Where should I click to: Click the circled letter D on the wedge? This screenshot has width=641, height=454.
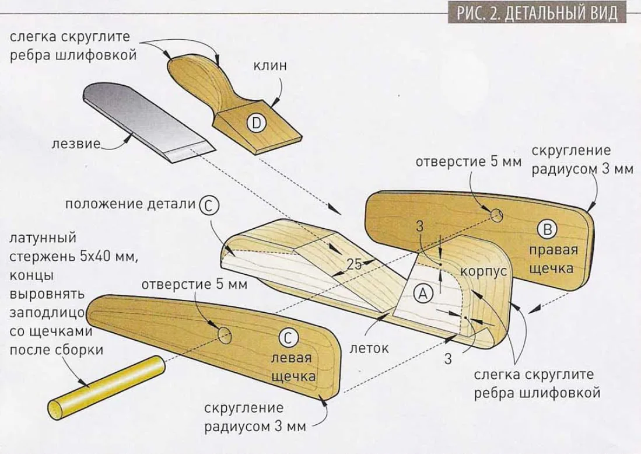[256, 123]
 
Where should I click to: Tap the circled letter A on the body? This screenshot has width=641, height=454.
[423, 293]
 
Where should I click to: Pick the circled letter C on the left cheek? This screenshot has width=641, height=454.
[288, 337]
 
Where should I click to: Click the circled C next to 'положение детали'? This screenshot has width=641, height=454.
[209, 206]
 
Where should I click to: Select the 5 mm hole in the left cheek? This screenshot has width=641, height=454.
[225, 334]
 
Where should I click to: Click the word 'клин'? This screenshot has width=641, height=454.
[270, 65]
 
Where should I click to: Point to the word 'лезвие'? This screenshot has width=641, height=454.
[76, 144]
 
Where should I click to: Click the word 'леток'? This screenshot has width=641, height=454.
[369, 348]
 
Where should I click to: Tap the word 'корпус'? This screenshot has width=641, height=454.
[484, 271]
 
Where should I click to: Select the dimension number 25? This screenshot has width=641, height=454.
[355, 264]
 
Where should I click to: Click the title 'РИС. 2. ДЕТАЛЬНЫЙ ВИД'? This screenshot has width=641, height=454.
[537, 13]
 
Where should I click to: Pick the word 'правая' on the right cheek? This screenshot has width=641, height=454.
[553, 250]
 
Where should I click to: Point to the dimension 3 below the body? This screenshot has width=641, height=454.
[448, 359]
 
